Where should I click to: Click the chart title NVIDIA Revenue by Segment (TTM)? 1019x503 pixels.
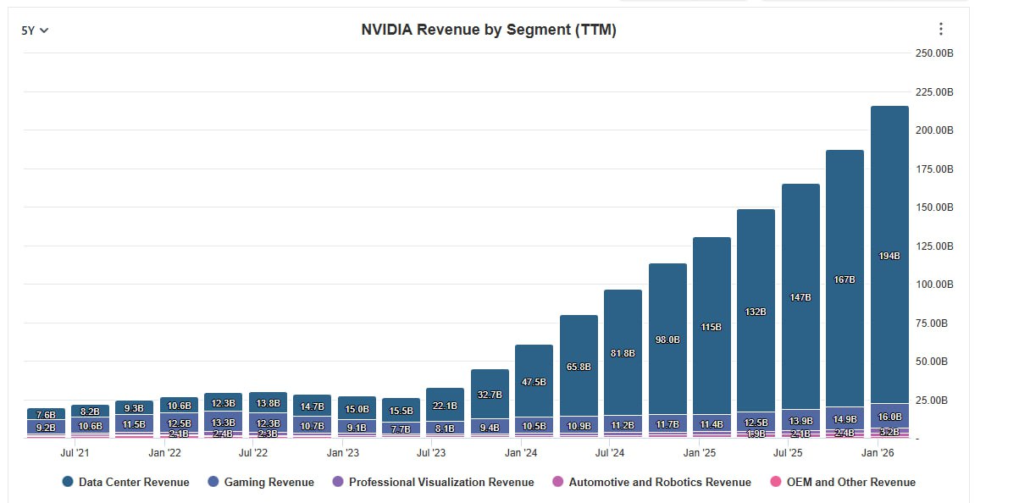(x=489, y=30)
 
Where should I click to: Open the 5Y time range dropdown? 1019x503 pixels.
(x=35, y=30)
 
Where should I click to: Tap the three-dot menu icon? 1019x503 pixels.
(x=940, y=30)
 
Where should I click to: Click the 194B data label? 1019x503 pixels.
(x=889, y=256)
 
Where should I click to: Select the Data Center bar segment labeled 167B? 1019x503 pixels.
(x=845, y=279)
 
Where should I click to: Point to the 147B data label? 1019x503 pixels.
(x=800, y=297)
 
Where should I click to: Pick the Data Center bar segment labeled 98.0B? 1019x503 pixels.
(x=667, y=340)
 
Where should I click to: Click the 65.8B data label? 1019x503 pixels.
(x=579, y=367)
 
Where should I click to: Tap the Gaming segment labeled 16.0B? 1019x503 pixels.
(x=889, y=416)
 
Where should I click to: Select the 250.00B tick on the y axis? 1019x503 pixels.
(x=934, y=53)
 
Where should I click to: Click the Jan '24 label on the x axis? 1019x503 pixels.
(x=521, y=453)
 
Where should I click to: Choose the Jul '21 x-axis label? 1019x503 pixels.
(x=75, y=453)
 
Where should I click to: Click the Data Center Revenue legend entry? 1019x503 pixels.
(x=125, y=482)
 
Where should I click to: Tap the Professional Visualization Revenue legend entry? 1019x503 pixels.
(x=433, y=482)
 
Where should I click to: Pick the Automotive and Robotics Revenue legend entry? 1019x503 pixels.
(x=651, y=482)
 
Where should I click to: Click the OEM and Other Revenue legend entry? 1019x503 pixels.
(x=843, y=482)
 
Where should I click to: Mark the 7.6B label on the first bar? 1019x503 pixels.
(x=46, y=415)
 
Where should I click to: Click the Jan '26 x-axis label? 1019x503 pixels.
(x=878, y=453)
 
